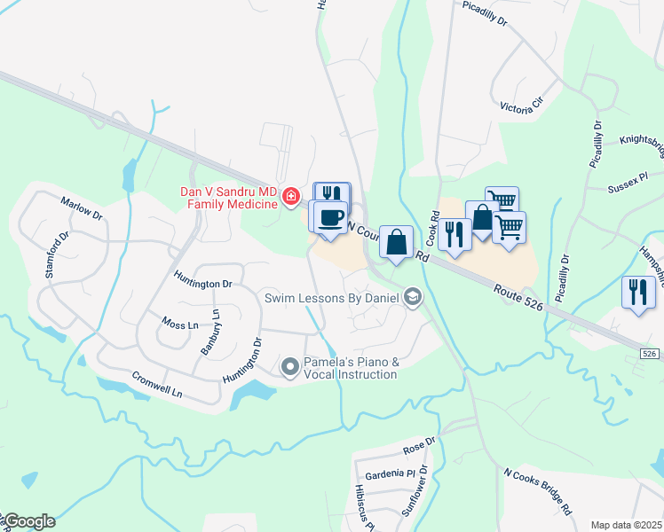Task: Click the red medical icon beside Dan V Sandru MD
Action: [289, 196]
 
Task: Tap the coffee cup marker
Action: [330, 217]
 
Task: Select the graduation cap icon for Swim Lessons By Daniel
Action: [412, 298]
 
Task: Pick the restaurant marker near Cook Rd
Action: [454, 234]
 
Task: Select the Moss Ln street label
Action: [180, 325]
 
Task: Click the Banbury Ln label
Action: [210, 332]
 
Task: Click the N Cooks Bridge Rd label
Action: [537, 491]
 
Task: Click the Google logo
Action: [28, 521]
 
